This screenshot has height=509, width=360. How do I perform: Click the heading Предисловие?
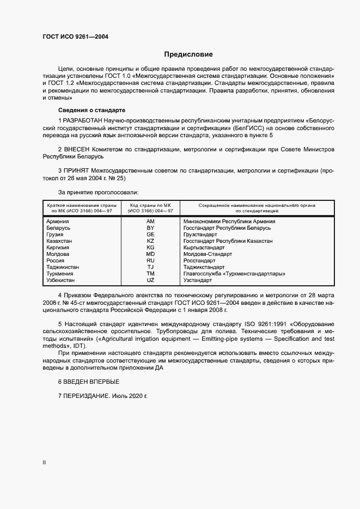[188, 54]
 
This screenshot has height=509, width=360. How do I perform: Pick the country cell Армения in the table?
[58, 222]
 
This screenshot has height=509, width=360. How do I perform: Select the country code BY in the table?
[151, 228]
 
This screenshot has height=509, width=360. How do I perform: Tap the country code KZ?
[151, 241]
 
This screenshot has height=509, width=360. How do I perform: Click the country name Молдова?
[58, 254]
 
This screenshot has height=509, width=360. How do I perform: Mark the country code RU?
[151, 261]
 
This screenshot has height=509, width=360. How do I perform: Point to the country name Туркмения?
[60, 274]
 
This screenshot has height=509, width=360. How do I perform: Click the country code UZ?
[151, 280]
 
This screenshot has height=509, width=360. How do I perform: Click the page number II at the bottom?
[44, 462]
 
